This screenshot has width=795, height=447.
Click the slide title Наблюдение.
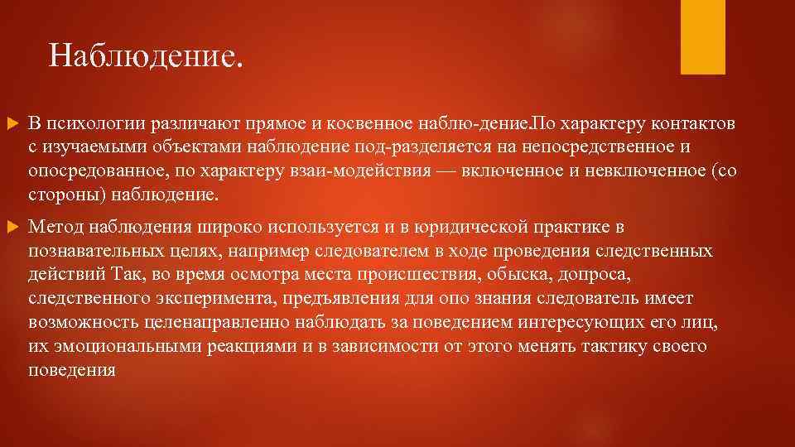tap(147, 56)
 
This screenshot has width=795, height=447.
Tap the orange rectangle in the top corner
tap(702, 36)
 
